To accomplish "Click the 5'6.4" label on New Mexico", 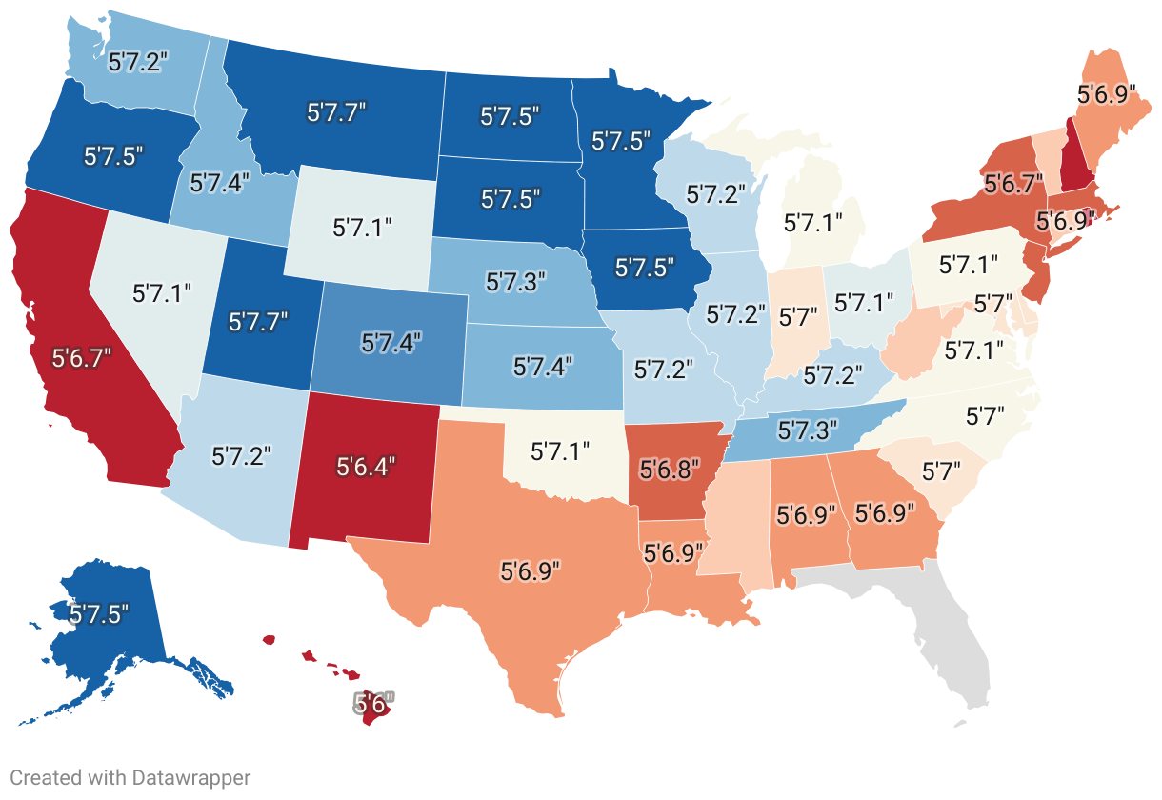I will [366, 466].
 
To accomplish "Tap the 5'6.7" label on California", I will [71, 360].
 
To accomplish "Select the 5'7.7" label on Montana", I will [337, 112].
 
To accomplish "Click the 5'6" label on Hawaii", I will [373, 705].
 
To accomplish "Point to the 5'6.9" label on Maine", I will [1106, 95].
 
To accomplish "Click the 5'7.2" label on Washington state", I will [139, 63].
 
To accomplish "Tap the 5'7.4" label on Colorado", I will [392, 340].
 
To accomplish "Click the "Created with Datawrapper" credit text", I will [130, 778].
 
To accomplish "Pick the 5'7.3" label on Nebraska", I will [515, 281].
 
